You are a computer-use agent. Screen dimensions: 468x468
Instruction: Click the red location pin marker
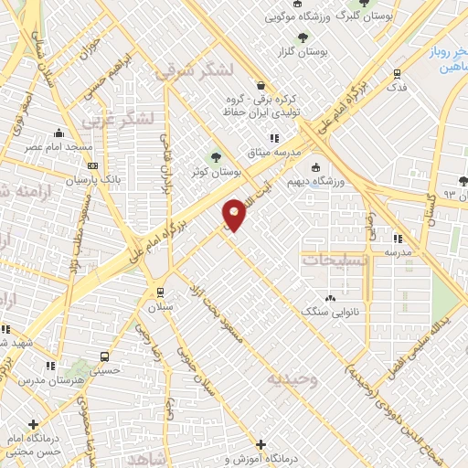point(236,213)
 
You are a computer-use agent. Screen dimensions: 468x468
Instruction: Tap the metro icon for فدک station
point(397,74)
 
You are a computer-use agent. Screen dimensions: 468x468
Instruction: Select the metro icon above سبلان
point(161,292)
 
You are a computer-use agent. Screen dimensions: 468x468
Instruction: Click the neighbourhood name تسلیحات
point(332,260)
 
